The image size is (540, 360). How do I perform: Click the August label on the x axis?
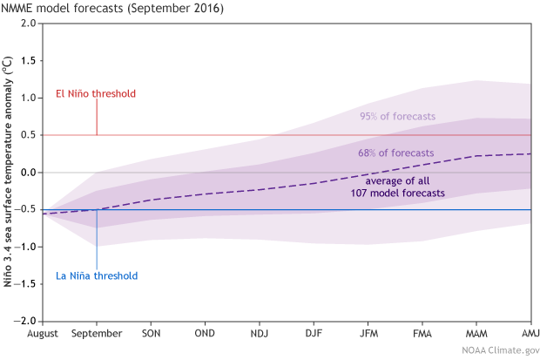coord(43,334)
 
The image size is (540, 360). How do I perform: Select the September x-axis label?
coord(97,334)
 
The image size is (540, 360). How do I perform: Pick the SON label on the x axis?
coord(152,334)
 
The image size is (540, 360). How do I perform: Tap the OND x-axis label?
coord(206,334)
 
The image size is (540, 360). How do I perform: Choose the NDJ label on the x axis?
coord(260,334)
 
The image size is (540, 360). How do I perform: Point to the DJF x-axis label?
coord(314,334)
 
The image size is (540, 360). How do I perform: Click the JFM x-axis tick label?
coord(368,334)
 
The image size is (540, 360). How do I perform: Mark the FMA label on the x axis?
coord(422,334)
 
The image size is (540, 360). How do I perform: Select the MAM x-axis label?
coord(476,334)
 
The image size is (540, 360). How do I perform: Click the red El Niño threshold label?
coord(96,93)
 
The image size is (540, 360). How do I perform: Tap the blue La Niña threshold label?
coord(96,275)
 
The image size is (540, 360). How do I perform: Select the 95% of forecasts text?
coord(398,117)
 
